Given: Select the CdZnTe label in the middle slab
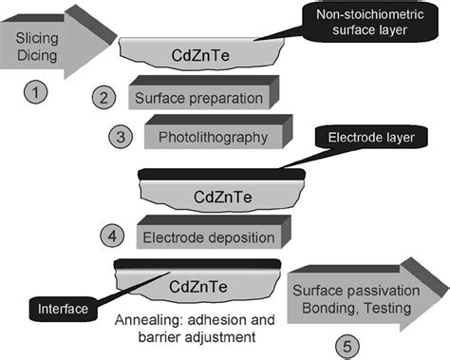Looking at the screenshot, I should [220, 199].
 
